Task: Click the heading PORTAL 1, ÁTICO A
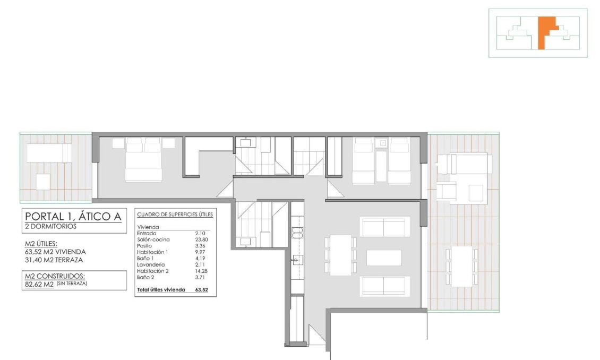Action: (73, 217)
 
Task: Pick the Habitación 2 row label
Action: (152, 271)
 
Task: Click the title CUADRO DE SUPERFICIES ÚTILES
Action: (175, 215)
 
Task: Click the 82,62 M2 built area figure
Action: (39, 285)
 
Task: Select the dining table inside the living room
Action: (340, 255)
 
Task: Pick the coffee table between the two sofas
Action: (384, 258)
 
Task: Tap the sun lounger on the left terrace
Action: (49, 153)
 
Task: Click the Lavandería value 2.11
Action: (200, 264)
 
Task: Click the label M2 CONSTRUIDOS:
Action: (55, 276)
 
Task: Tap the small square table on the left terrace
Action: (43, 182)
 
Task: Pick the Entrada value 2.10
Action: (200, 233)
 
